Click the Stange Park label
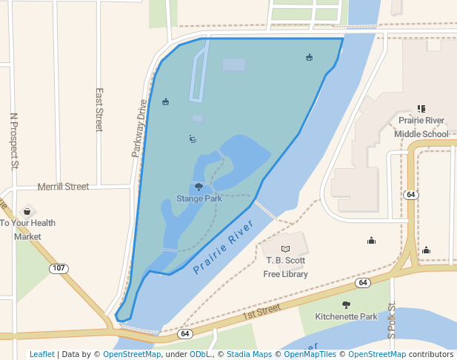199,199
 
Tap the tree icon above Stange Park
199,187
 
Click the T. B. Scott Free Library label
286,267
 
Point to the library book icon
286,247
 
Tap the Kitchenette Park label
346,316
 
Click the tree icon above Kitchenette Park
346,304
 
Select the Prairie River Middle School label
421,127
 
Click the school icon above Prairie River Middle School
421,109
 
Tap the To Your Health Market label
27,230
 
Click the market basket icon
27,211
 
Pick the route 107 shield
59,267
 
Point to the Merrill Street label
63,187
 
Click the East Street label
99,110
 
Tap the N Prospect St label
13,141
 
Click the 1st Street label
263,310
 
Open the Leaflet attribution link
41,354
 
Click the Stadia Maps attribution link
253,354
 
